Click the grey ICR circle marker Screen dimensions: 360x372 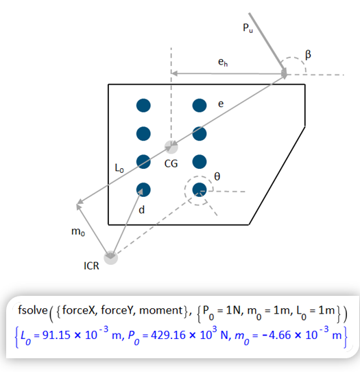pyautogui.click(x=110, y=257)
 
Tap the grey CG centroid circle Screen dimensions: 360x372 pyautogui.click(x=171, y=147)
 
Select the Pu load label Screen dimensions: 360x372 pyautogui.click(x=248, y=28)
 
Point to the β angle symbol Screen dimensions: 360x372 pyautogui.click(x=308, y=55)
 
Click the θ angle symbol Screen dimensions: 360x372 pyautogui.click(x=217, y=176)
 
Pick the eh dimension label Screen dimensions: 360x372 pyautogui.click(x=223, y=62)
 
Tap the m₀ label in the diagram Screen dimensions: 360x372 pyautogui.click(x=78, y=231)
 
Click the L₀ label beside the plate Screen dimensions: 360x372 pyautogui.click(x=119, y=168)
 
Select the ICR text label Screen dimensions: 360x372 pyautogui.click(x=91, y=266)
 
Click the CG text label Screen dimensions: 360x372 pyautogui.click(x=171, y=164)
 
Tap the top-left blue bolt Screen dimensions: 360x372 pyautogui.click(x=143, y=105)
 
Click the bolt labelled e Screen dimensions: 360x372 pyautogui.click(x=200, y=105)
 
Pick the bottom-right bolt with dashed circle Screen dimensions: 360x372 pyautogui.click(x=200, y=190)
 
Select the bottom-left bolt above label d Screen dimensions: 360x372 pyautogui.click(x=143, y=190)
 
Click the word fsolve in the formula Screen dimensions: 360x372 pyautogui.click(x=33, y=310)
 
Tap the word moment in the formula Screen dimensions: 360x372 pyautogui.click(x=161, y=310)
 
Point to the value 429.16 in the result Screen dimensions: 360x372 pyautogui.click(x=168, y=335)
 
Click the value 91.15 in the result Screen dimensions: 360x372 pyautogui.click(x=56, y=335)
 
